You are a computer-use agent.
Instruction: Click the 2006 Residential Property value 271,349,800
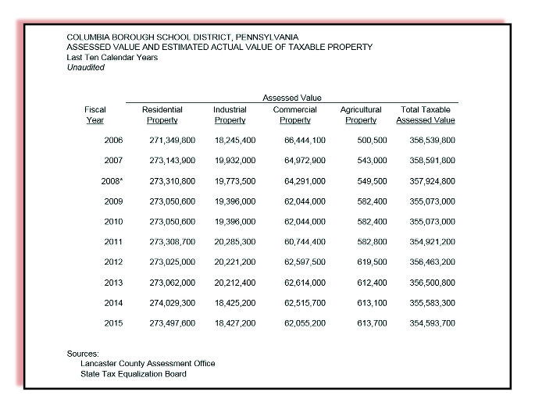[x=172, y=141]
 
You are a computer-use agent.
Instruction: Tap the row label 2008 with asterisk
[x=110, y=181]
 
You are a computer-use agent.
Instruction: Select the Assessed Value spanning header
[x=292, y=98]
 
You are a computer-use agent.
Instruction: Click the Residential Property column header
[x=162, y=116]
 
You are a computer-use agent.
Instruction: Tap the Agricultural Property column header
[x=361, y=116]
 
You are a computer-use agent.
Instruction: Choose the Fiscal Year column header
[x=95, y=116]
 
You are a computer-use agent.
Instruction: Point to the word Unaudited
[x=85, y=68]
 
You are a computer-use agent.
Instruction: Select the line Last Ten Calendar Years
[x=112, y=58]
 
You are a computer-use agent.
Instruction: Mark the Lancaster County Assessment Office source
[x=148, y=364]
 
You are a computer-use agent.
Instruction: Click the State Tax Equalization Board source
[x=134, y=374]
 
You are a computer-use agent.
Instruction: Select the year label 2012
[x=113, y=262]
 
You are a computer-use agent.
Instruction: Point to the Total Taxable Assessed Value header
[x=426, y=116]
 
